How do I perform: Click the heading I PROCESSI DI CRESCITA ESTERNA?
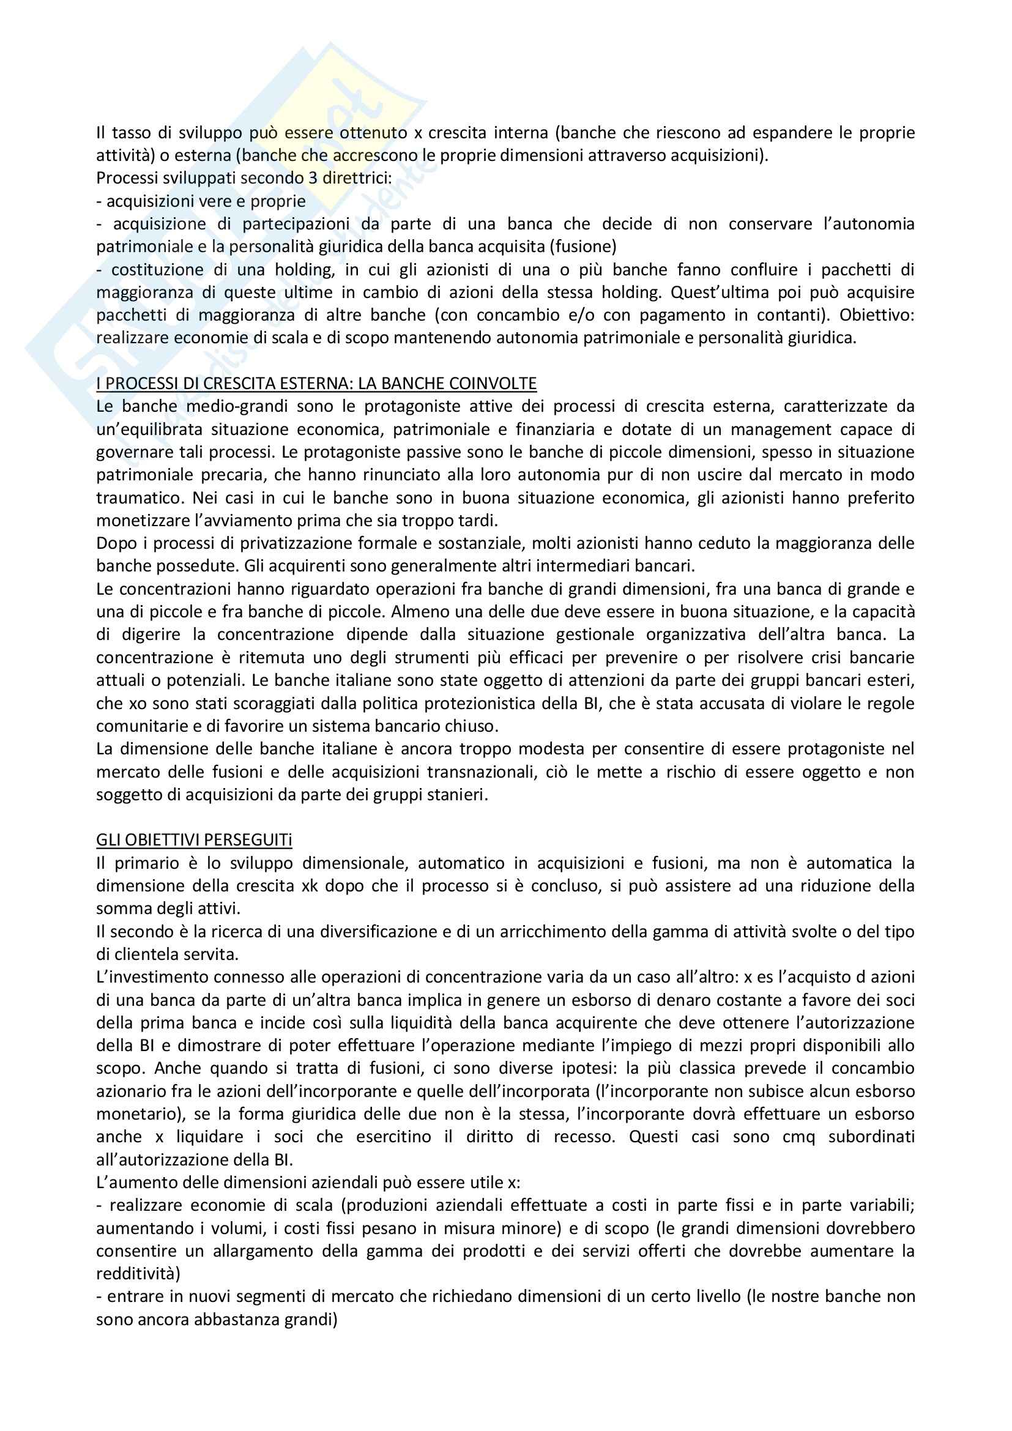316,384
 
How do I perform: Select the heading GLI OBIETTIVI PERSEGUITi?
194,840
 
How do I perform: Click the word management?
781,429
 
